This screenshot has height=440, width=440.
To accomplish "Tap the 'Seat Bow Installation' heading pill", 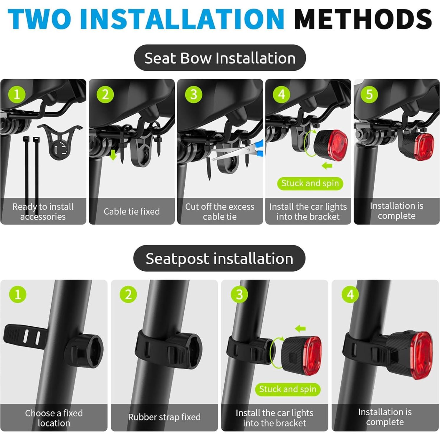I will [220, 58].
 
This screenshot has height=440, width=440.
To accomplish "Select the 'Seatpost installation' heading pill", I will [219, 259].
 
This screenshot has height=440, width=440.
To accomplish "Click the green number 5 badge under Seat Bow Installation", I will [369, 95].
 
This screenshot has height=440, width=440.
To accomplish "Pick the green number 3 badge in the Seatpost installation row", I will [239, 294].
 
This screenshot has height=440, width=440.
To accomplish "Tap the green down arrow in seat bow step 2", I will [113, 155].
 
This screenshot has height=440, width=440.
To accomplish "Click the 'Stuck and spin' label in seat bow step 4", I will [310, 183].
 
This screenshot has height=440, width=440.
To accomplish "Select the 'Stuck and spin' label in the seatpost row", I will [287, 389].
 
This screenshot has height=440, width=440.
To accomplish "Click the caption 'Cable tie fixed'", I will [132, 211].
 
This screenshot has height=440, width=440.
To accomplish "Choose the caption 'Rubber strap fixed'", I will [164, 417].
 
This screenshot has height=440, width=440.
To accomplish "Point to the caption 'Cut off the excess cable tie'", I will [220, 211].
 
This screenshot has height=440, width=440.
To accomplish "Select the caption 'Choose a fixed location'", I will [54, 418].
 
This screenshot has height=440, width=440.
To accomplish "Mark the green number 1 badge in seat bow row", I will [16, 95].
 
